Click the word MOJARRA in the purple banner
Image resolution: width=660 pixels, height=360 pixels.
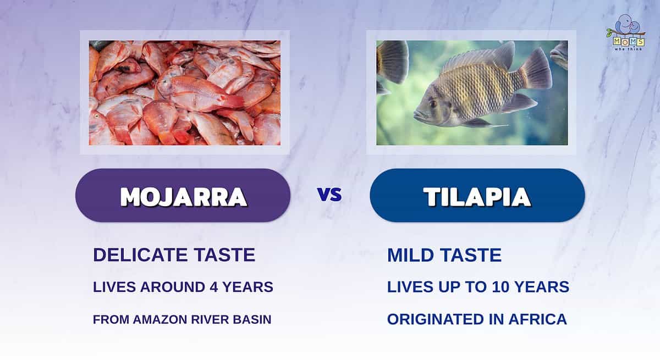[x=184, y=197]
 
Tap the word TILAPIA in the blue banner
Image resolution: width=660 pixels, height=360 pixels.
[x=477, y=197]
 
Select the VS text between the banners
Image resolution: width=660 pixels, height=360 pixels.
[x=329, y=194]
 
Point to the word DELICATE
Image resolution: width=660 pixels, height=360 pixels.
[x=141, y=255]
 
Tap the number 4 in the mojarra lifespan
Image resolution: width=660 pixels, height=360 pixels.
[x=214, y=287]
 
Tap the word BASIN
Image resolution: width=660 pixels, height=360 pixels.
[x=252, y=320]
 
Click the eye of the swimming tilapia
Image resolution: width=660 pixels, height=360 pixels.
[x=433, y=104]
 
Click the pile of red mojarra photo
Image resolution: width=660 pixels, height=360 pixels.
[x=185, y=93]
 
